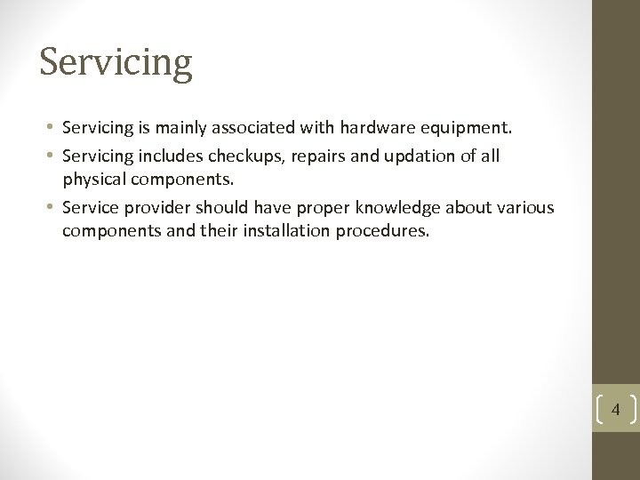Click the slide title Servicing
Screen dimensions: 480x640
[x=116, y=62]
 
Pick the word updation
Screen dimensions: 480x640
[x=411, y=156]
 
